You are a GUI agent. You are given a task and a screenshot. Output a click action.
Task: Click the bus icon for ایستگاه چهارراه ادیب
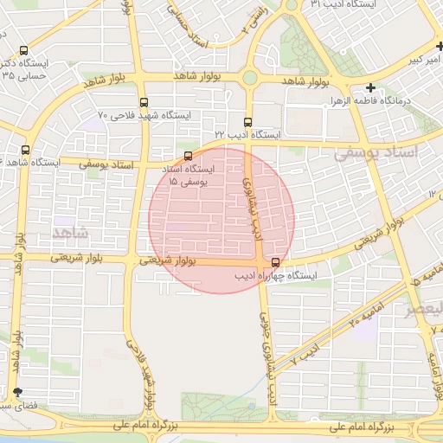point(275,262)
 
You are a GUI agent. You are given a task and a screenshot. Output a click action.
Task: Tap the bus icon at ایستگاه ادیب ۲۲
point(248,122)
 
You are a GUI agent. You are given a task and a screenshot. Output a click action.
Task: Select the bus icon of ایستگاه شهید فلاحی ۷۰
point(143,101)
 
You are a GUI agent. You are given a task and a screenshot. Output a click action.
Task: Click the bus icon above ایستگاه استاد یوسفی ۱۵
point(189,156)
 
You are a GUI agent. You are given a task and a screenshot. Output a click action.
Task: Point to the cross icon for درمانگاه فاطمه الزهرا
point(370,87)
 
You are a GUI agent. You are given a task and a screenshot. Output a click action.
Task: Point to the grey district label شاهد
point(71,234)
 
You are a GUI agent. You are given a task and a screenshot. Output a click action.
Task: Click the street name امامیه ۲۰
point(365,309)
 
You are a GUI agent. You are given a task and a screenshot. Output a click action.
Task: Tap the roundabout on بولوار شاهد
point(250,78)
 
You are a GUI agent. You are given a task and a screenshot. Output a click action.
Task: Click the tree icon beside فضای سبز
point(17,393)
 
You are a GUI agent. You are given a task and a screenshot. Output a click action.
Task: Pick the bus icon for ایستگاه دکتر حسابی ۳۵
point(22,50)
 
